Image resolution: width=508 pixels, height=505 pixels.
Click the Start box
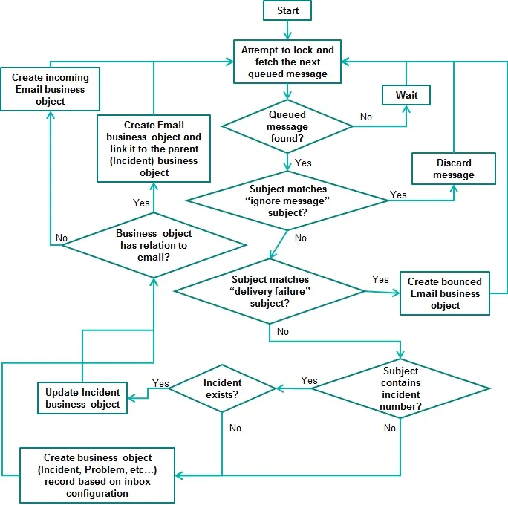pos(287,10)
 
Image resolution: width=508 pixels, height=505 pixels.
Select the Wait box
pos(406,95)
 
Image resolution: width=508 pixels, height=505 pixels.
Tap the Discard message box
pos(454,169)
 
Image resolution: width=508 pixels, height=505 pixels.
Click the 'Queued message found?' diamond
pos(287,126)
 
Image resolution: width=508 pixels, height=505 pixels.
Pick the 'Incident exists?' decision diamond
pos(222,388)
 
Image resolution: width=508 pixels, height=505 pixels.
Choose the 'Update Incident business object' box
pos(82,398)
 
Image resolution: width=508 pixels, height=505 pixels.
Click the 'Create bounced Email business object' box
pos(445,293)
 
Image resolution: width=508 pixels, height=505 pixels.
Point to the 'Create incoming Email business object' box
pos(51,89)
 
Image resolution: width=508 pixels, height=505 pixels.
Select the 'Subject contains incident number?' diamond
pos(400,388)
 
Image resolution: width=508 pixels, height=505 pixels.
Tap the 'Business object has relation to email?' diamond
pos(154,245)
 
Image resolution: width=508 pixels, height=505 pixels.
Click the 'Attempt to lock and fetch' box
pos(287,62)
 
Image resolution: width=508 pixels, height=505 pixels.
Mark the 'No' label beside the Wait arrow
pos(366,117)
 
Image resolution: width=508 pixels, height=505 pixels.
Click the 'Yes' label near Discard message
pos(398,195)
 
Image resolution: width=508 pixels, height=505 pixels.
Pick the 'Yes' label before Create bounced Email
pos(380,279)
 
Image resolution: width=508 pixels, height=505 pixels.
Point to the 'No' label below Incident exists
pos(235,428)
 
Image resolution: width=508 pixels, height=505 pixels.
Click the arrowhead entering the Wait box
pos(406,109)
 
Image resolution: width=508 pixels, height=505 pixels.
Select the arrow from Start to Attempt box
pos(287,30)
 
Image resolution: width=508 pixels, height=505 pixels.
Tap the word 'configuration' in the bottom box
pos(97,493)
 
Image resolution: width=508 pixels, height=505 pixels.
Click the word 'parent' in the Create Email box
pos(183,149)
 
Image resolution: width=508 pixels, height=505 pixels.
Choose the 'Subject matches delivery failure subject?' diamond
pos(270,291)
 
